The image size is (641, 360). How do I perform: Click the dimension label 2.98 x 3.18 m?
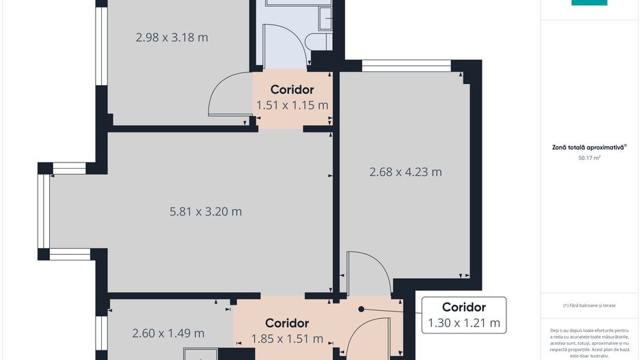[x=172, y=38]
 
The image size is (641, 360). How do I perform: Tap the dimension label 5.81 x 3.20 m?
[x=206, y=212]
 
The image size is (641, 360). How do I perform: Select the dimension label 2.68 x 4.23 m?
[x=405, y=172]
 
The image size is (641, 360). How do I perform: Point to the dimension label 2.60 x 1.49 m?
[x=168, y=333]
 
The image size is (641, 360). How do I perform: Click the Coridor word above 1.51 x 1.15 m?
[x=292, y=89]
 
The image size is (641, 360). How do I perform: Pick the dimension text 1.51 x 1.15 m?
[x=292, y=105]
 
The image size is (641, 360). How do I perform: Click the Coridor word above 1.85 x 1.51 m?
[x=287, y=323]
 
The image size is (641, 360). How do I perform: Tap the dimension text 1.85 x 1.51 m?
[x=287, y=339]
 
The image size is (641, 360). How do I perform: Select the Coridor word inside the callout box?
[x=464, y=307]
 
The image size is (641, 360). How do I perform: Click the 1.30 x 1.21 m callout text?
[x=464, y=323]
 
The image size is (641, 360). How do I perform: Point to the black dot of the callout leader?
[x=361, y=309]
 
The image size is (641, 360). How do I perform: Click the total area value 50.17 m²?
[x=589, y=158]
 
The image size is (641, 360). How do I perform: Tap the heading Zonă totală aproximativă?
[x=589, y=147]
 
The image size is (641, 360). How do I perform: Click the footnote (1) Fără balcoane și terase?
[x=589, y=305]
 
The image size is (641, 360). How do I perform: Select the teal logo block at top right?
[x=589, y=3]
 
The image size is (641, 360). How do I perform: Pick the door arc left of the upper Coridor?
[x=222, y=96]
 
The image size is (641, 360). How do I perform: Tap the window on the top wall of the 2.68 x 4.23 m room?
[x=406, y=66]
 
